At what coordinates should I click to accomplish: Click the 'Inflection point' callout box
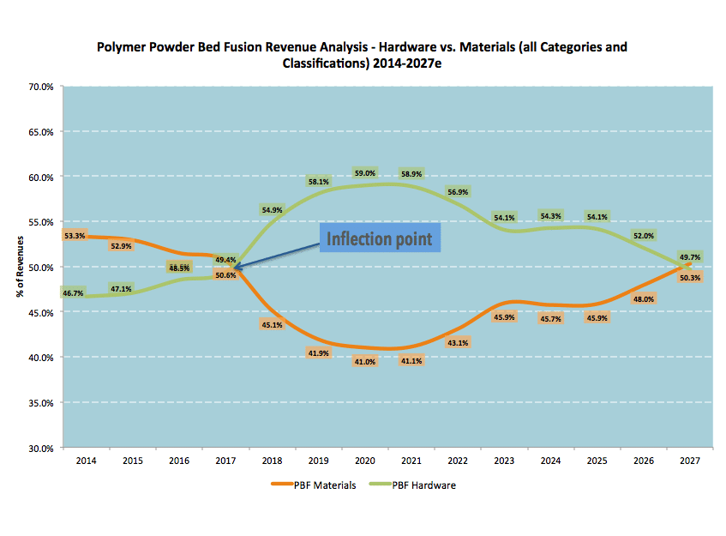click(x=380, y=238)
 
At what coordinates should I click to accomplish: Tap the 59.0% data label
click(x=365, y=173)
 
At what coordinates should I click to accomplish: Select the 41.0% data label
click(x=365, y=362)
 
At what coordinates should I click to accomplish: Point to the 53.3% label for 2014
click(x=75, y=236)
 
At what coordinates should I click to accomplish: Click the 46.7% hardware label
click(x=73, y=293)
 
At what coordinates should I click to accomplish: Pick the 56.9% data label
click(x=458, y=192)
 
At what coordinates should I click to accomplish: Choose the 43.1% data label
click(x=458, y=343)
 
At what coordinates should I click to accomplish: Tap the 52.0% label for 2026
click(x=644, y=236)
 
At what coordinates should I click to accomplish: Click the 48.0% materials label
click(x=644, y=299)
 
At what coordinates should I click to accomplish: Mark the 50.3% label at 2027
click(x=690, y=278)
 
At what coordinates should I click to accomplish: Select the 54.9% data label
click(x=272, y=210)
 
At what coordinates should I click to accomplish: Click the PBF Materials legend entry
click(x=314, y=485)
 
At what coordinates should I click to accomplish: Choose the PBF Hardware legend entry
click(x=412, y=485)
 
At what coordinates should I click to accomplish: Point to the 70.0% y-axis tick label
click(x=41, y=87)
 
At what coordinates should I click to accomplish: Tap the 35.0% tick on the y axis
click(x=41, y=403)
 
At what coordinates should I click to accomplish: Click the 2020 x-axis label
click(x=365, y=461)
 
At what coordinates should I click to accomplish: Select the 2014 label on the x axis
click(x=86, y=461)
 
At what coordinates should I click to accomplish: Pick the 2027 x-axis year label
click(x=690, y=461)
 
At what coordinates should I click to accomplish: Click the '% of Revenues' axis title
click(x=20, y=267)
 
